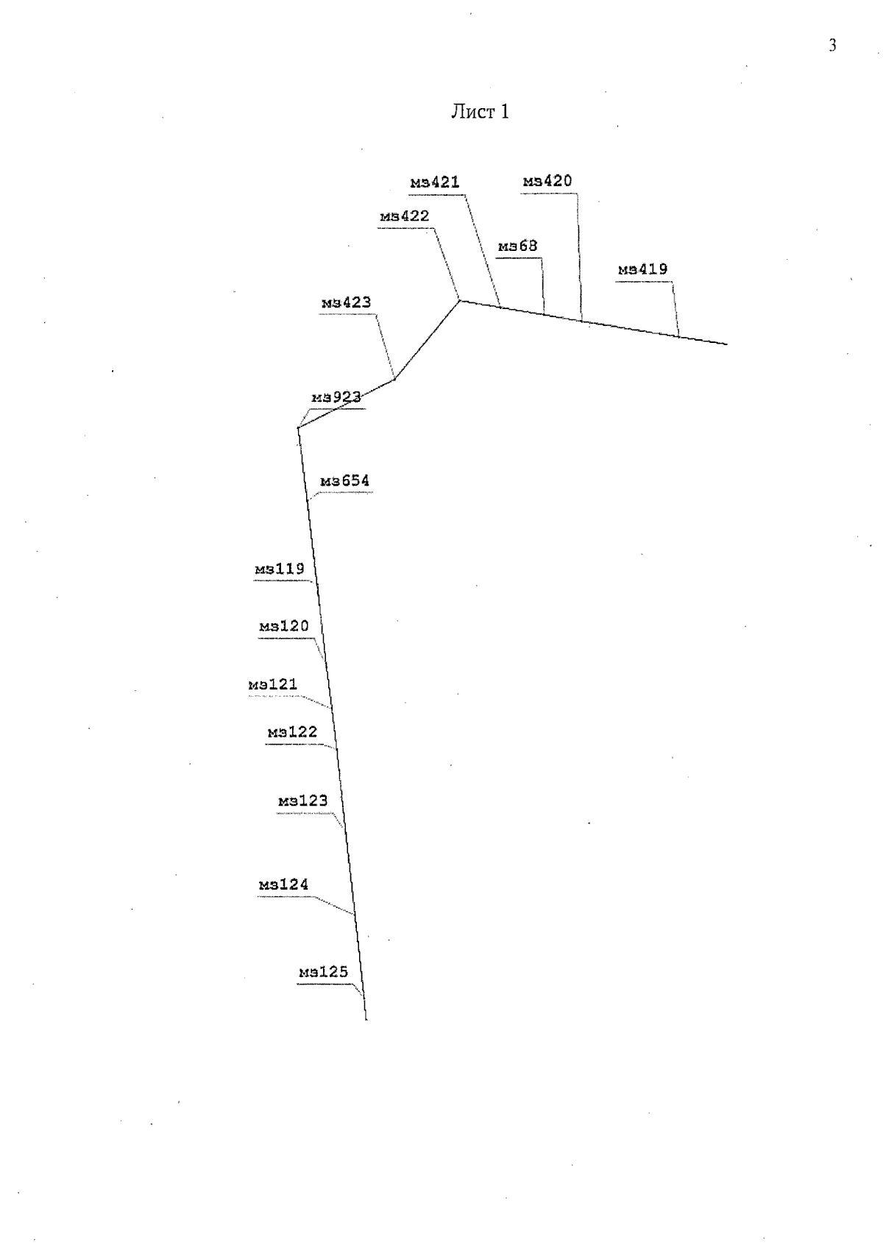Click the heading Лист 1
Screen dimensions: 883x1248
click(x=480, y=111)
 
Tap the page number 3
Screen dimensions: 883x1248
click(x=832, y=45)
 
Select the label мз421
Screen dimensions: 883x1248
click(x=435, y=182)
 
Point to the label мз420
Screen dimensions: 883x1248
click(x=547, y=180)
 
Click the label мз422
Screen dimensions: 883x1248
click(x=405, y=216)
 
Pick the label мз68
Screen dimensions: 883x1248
click(x=517, y=246)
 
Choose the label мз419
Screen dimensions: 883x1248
click(x=642, y=269)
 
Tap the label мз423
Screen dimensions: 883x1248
click(x=346, y=302)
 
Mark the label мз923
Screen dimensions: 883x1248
click(x=336, y=397)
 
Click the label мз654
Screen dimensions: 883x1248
click(x=344, y=481)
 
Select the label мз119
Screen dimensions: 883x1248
click(x=280, y=569)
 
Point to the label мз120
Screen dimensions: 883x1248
click(x=283, y=625)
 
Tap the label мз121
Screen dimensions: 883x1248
click(x=272, y=684)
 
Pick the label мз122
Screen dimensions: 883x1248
click(x=292, y=731)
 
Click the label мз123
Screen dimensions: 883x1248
click(x=302, y=801)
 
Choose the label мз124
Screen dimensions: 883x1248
click(x=283, y=884)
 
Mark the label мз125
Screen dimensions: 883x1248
click(x=323, y=971)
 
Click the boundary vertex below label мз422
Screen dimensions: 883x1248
click(x=460, y=301)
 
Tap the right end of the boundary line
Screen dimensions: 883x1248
click(x=727, y=344)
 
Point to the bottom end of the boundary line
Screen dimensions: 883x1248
click(x=366, y=1020)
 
